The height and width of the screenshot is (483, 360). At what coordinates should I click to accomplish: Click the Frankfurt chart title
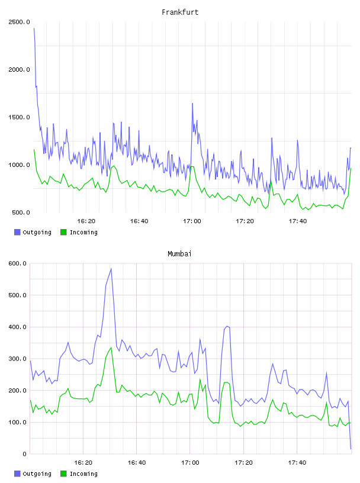click(180, 12)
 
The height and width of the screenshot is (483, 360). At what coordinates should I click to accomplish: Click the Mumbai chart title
click(179, 253)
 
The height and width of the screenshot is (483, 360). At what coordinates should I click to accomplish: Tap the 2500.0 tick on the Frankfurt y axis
click(19, 22)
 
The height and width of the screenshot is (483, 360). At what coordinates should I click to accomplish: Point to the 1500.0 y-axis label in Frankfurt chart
click(19, 117)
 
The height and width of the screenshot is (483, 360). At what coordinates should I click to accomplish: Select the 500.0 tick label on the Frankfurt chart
click(21, 212)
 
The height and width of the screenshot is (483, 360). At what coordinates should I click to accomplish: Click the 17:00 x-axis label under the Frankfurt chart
click(192, 221)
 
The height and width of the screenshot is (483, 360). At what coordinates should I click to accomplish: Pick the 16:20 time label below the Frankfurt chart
click(86, 221)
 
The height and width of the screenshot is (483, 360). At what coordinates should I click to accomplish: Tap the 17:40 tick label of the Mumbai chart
click(297, 462)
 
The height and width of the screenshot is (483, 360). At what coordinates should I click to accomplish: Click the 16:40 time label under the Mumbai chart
click(137, 462)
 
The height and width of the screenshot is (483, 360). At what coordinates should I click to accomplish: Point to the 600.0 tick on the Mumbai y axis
click(17, 263)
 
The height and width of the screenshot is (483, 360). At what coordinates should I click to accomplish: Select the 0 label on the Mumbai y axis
click(24, 454)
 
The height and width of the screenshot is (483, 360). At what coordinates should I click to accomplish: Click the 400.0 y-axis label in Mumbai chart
click(17, 327)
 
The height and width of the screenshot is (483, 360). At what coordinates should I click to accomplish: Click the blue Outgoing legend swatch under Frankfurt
click(17, 232)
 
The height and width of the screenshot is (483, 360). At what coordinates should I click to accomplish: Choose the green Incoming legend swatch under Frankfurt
click(63, 232)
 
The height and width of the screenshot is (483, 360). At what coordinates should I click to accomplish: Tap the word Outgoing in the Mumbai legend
click(37, 474)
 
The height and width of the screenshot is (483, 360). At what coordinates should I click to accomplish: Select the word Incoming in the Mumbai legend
click(83, 474)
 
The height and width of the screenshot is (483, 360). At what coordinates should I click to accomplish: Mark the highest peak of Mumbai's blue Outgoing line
click(111, 269)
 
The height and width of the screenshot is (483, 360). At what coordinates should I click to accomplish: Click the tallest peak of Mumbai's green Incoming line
click(111, 347)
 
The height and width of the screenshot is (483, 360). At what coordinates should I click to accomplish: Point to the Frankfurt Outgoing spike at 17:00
click(192, 104)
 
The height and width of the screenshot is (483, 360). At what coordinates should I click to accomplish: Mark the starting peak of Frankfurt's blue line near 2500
click(34, 28)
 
